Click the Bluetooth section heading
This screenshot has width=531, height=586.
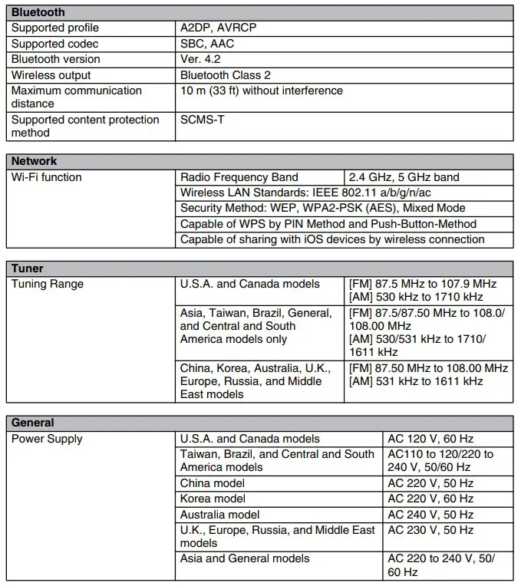click(38, 12)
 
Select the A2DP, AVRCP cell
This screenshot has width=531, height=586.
click(218, 28)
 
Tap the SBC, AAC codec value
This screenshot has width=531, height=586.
click(206, 44)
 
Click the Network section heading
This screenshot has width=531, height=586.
click(34, 161)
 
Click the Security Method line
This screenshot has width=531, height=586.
click(322, 208)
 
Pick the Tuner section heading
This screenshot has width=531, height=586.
click(27, 268)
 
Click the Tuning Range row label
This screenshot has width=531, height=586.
click(47, 284)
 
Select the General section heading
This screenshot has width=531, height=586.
click(32, 423)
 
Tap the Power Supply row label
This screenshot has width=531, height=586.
click(46, 439)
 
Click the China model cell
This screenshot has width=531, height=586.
click(213, 483)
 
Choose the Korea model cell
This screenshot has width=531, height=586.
click(213, 499)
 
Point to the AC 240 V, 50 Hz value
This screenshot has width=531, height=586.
click(430, 515)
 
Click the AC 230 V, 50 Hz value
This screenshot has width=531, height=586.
click(430, 530)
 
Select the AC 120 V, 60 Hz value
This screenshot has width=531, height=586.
click(430, 439)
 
